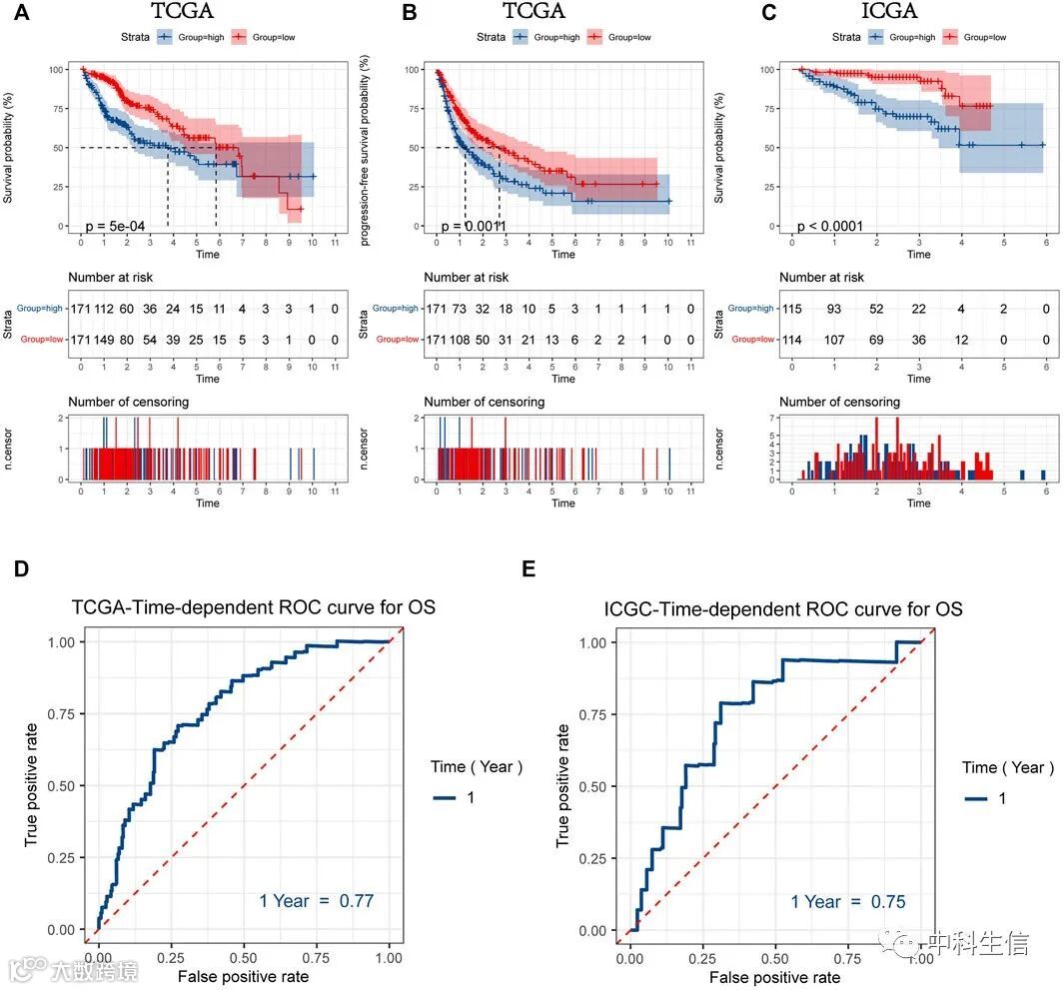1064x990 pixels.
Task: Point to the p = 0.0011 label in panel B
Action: tap(474, 227)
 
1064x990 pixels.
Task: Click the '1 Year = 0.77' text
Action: tap(316, 901)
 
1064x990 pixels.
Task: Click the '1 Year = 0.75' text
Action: tap(848, 902)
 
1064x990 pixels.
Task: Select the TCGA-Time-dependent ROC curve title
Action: tap(254, 606)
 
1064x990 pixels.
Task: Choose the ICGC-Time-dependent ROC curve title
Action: tap(783, 607)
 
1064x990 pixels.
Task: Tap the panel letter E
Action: tap(530, 568)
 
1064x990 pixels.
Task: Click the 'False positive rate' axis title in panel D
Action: tap(243, 975)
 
